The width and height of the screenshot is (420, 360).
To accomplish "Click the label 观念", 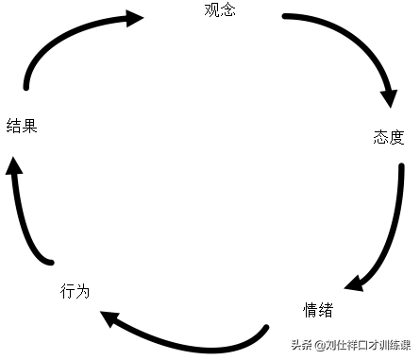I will click(x=219, y=11).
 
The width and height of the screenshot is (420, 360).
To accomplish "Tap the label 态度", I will click(x=388, y=138).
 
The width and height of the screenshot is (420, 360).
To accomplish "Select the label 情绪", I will click(x=317, y=310).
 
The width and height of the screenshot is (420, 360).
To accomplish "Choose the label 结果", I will click(x=22, y=126).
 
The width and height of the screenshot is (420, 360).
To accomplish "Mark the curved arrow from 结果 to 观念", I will click(x=57, y=38).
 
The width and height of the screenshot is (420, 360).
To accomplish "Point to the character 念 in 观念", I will click(x=227, y=11).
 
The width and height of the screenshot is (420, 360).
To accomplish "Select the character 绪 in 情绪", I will click(x=325, y=310).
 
